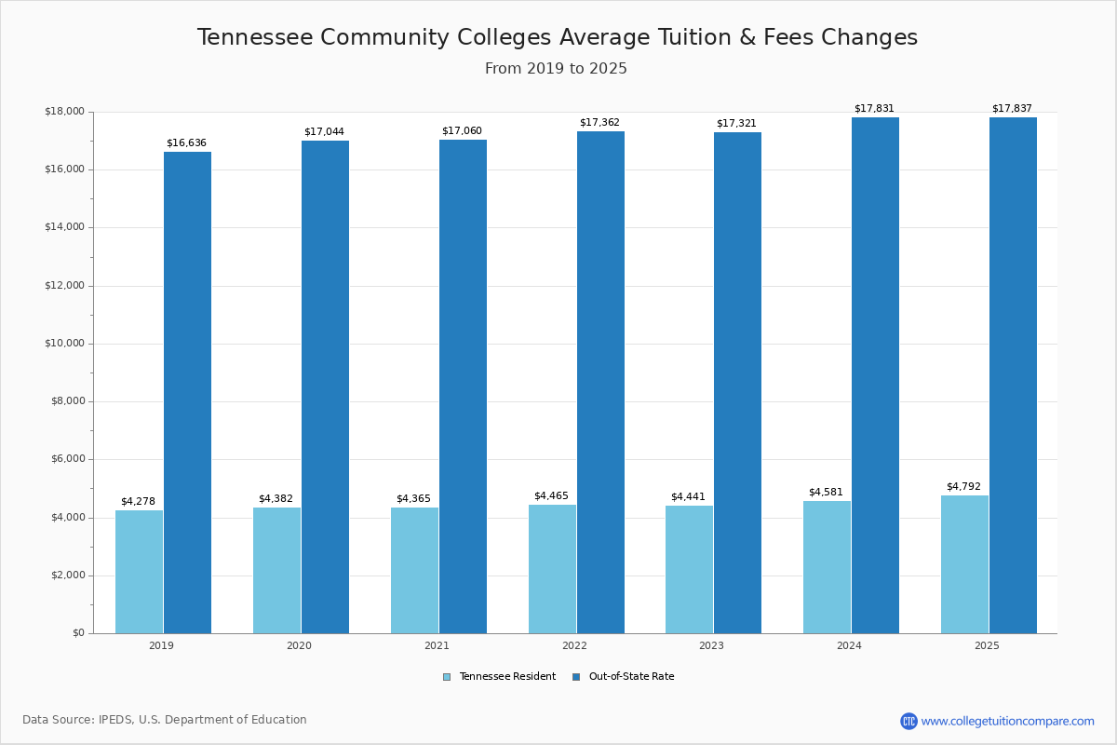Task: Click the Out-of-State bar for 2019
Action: coord(187,392)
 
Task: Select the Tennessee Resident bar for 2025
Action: coord(964,564)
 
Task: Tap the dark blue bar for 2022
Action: coord(600,382)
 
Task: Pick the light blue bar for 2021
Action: coord(414,570)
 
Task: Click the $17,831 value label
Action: coord(874,108)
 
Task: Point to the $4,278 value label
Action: coord(138,501)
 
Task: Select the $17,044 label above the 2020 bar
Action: coord(324,131)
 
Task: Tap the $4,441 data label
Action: coord(688,496)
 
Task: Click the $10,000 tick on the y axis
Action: coord(64,343)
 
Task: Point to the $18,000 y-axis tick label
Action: coord(64,112)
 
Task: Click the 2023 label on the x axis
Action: coord(711,645)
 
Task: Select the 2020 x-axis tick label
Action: coord(299,645)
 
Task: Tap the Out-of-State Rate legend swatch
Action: coord(576,677)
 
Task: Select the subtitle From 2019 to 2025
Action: coord(557,69)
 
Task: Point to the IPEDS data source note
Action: coord(165,720)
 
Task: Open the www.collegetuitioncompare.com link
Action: coord(1007,721)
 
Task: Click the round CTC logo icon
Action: coord(908,721)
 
